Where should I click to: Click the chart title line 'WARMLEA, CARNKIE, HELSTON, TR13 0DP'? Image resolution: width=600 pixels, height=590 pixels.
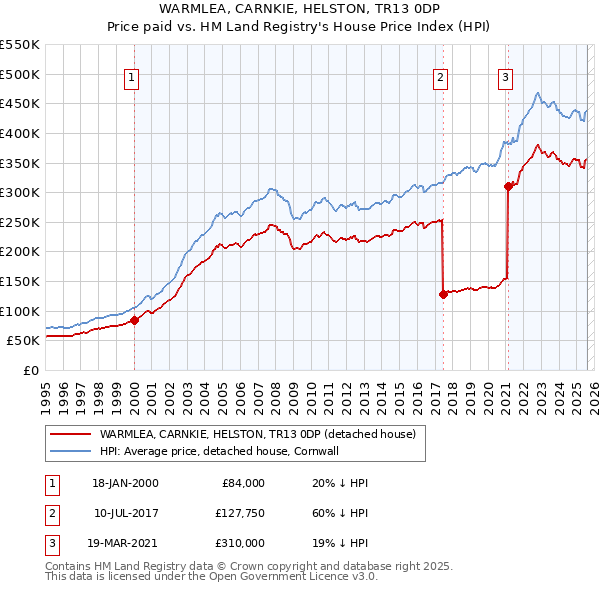point(299,9)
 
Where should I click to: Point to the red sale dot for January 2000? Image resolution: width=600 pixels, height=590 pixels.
point(134,320)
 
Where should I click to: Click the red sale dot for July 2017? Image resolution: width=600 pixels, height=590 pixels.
point(442,294)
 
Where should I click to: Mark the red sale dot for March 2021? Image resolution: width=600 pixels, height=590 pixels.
point(508,185)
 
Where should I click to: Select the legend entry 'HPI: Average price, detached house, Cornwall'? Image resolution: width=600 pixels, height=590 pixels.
point(233,451)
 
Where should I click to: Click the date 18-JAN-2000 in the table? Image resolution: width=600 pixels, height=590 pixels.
point(125,483)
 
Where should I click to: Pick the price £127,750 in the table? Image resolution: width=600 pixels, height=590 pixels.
point(240,513)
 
